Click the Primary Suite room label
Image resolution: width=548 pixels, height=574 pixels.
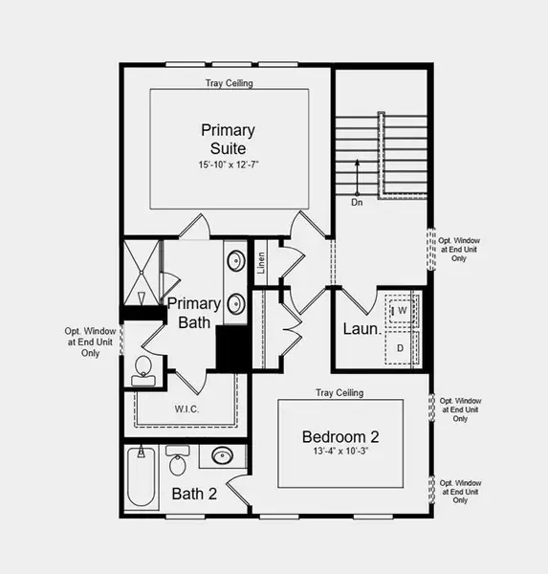223,140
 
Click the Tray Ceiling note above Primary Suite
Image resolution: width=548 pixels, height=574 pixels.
229,84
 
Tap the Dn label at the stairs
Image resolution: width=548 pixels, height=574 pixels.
357,202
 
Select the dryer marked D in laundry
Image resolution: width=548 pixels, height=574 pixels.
401,347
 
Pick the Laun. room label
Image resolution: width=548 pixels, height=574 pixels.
362,330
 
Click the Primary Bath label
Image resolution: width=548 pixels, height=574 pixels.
195,313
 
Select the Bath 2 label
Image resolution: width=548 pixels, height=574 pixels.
194,495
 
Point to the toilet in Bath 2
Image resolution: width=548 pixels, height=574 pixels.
178,464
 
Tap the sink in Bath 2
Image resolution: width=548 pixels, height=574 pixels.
222,456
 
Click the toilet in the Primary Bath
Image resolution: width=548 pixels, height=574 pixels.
142,367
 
